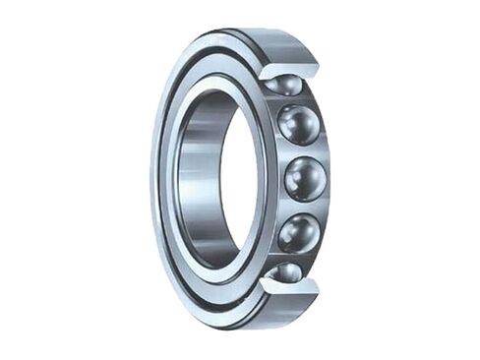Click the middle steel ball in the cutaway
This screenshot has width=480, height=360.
[305, 179]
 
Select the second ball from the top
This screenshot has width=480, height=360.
[299, 125]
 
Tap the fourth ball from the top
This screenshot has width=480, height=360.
[298, 233]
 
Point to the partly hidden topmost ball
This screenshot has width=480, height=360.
[284, 85]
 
